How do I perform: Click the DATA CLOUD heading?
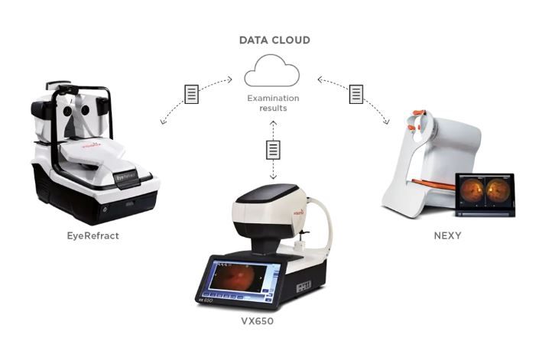pyautogui.click(x=273, y=40)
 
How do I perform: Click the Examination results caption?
pyautogui.click(x=273, y=104)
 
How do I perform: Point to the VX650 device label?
pyautogui.click(x=257, y=321)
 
